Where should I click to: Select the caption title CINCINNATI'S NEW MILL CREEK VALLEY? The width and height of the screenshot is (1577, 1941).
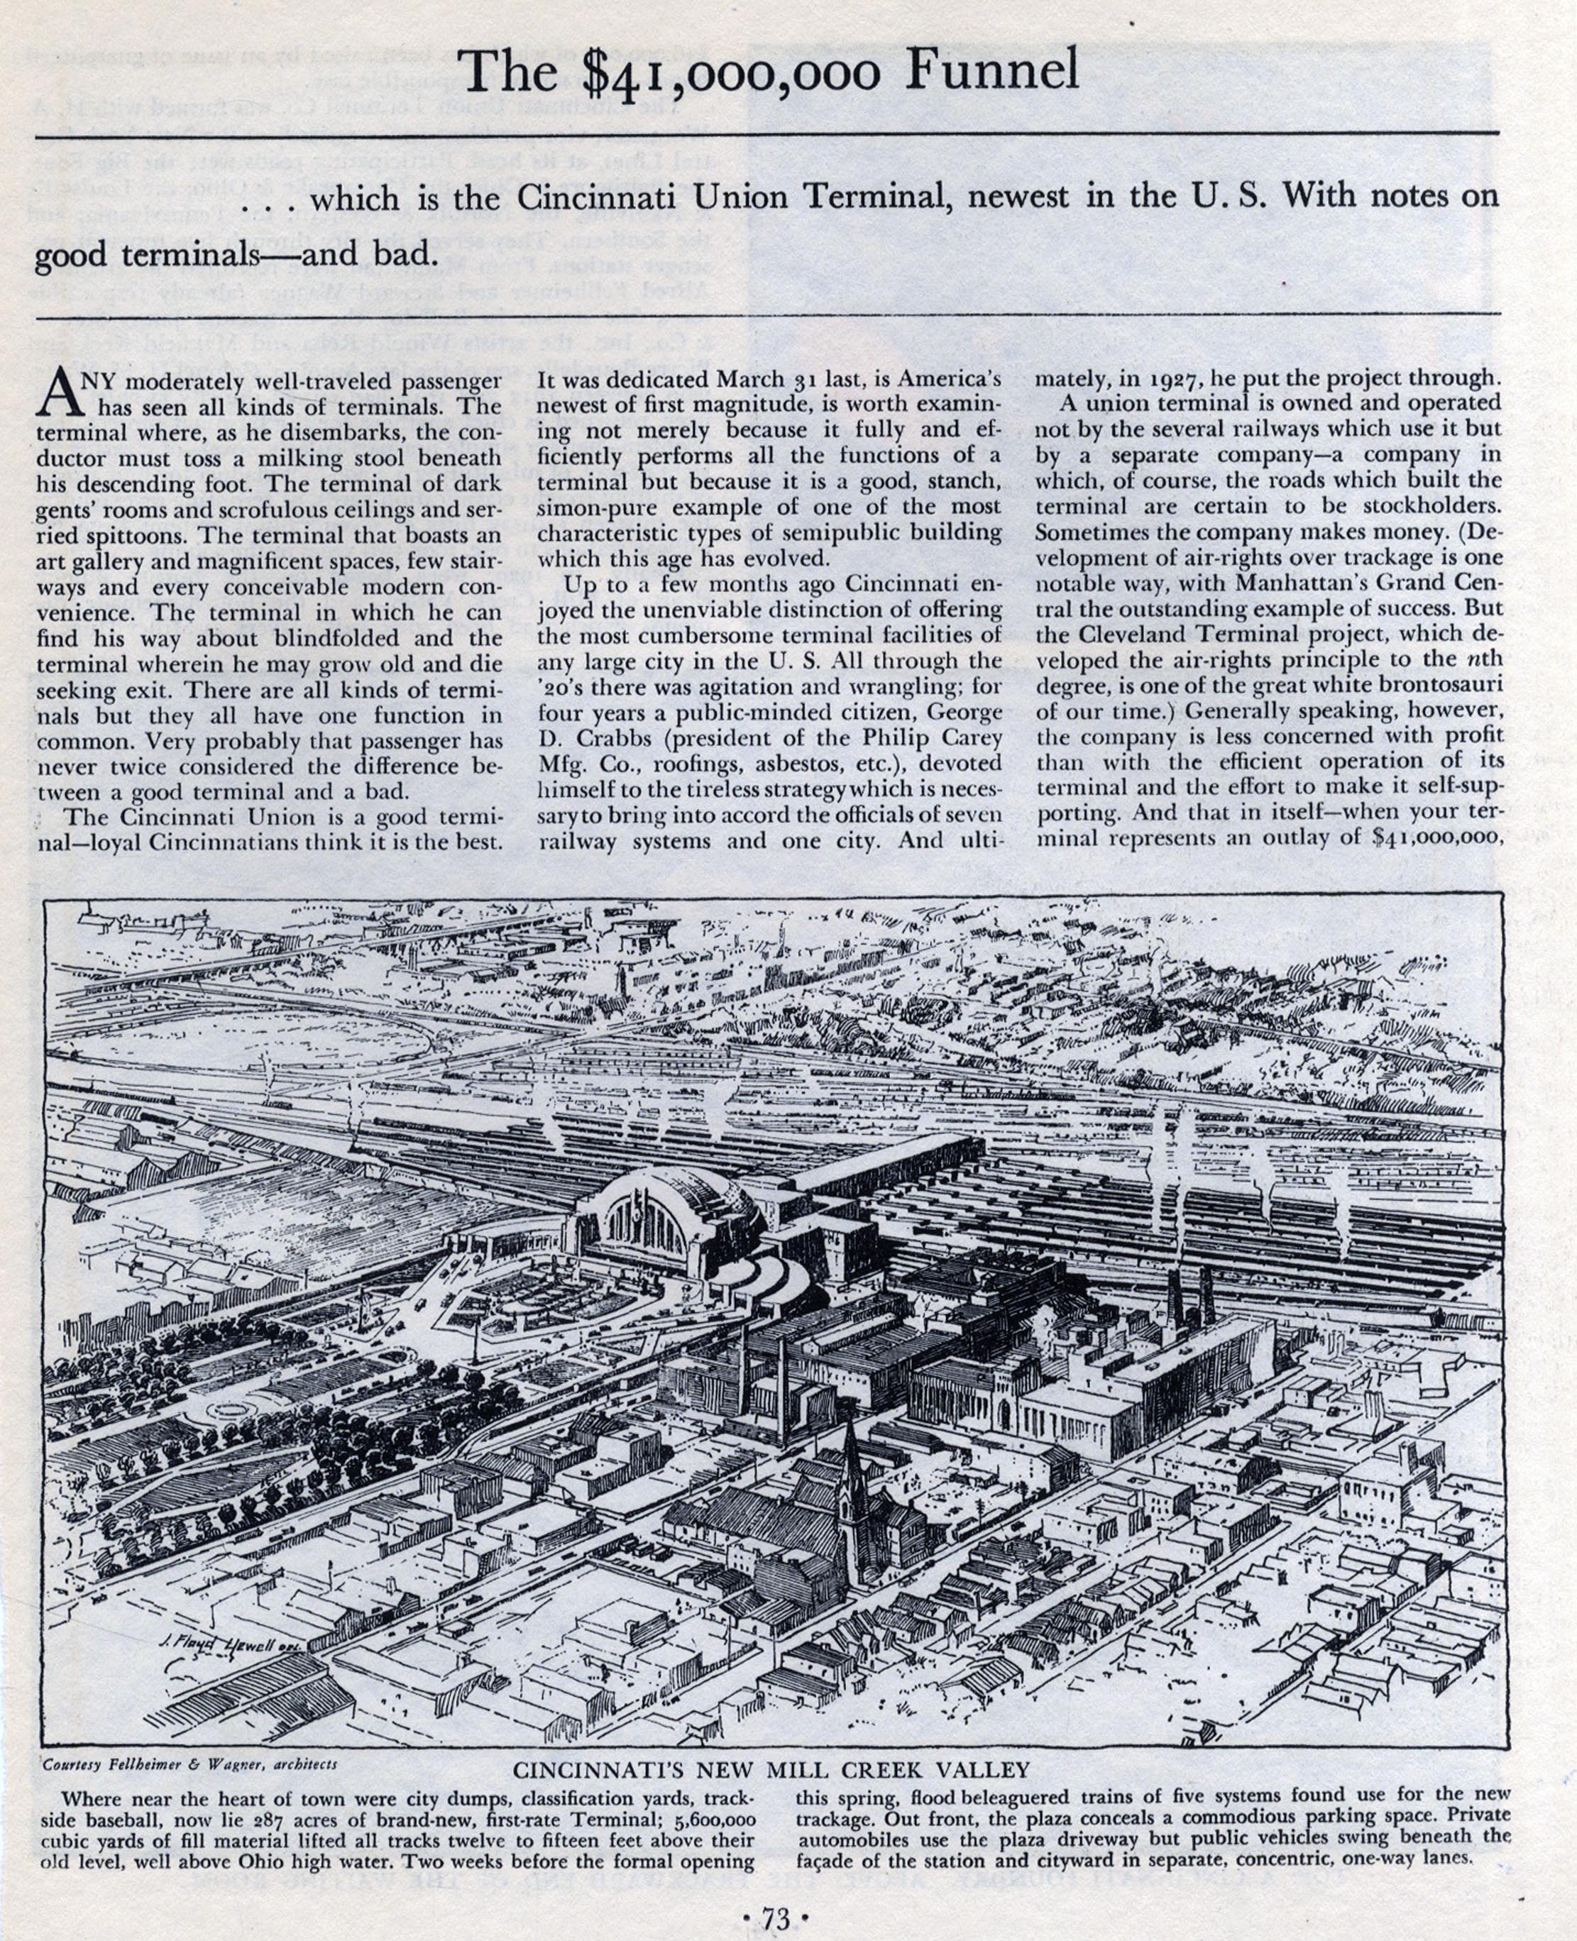click(771, 1769)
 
